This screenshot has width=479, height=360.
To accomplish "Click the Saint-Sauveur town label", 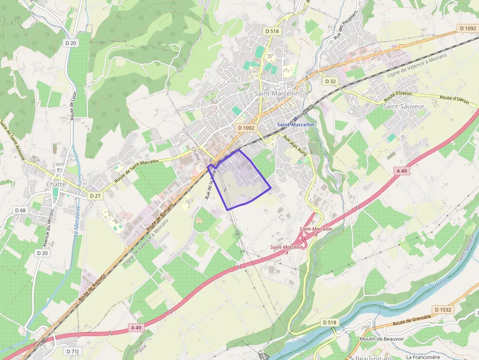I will pos(404,106).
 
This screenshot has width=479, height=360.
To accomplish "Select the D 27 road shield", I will pos(95,195).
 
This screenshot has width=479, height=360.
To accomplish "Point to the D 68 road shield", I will pos(20,210).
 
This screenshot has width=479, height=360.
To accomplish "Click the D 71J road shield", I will pos(72,351).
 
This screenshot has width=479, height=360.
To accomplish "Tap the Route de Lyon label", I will pos(74,106).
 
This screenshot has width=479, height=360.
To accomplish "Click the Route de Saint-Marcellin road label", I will pos(137,171).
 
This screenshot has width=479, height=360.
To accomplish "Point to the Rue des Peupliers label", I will pos(346,25).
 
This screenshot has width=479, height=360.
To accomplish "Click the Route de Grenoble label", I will pos(412,320).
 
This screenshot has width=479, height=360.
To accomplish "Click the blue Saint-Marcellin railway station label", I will pos(296,125).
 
